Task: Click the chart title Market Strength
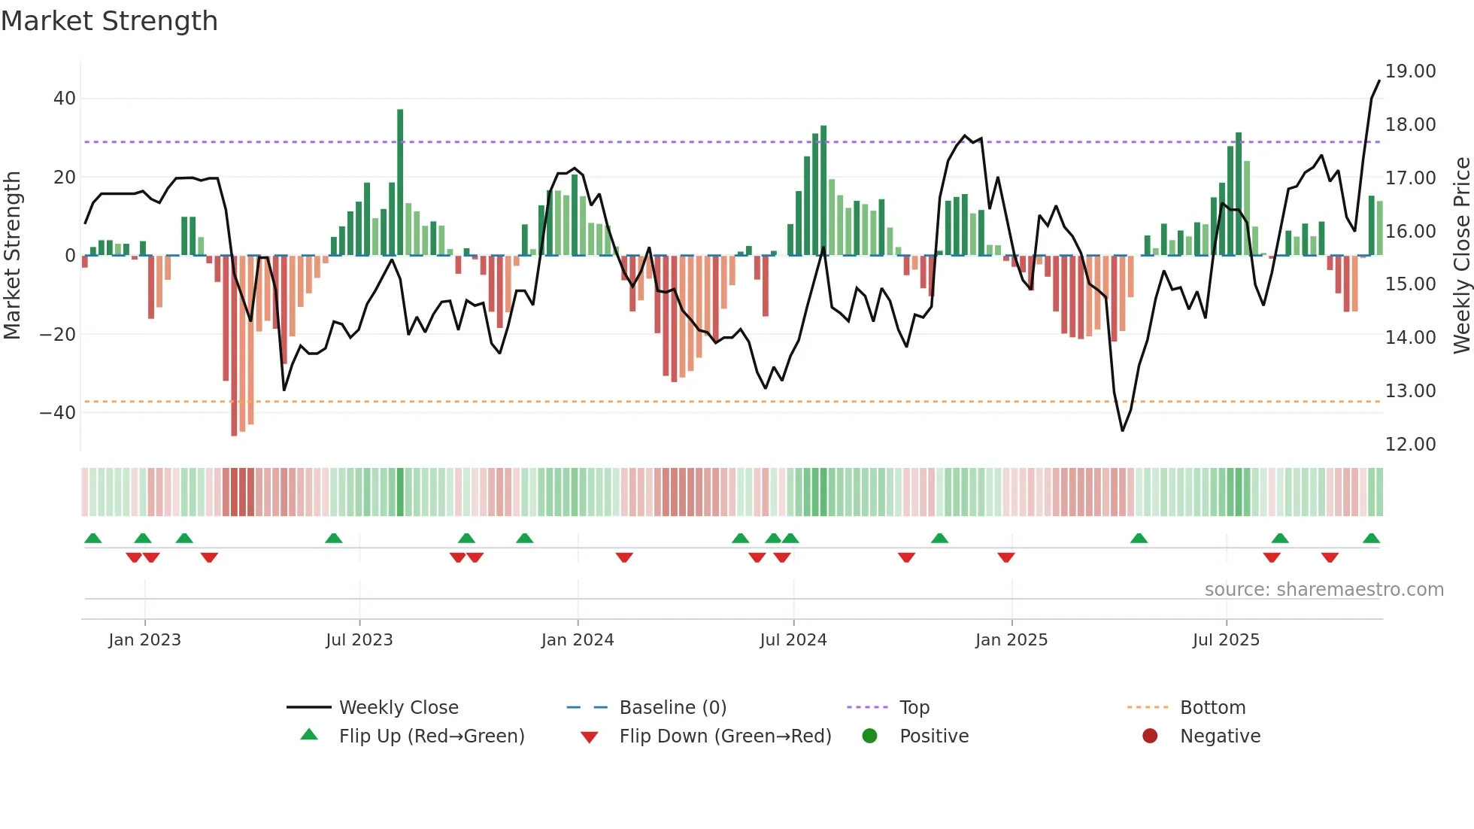click(110, 21)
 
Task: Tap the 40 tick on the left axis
click(65, 99)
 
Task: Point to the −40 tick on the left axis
click(58, 412)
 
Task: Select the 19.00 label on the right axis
click(1410, 71)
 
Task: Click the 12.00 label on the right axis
click(1410, 445)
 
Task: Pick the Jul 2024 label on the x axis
click(793, 640)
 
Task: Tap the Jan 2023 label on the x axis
click(144, 640)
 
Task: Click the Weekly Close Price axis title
click(1461, 256)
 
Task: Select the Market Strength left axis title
click(13, 256)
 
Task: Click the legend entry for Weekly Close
click(398, 708)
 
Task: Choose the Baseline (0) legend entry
click(672, 708)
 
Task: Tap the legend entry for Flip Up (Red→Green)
click(431, 736)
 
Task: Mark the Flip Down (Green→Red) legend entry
click(725, 736)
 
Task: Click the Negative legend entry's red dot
click(1150, 736)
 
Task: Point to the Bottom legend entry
click(1212, 708)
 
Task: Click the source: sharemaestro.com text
click(1324, 590)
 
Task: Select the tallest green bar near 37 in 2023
click(400, 181)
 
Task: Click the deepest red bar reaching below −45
click(234, 346)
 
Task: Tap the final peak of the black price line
click(1379, 80)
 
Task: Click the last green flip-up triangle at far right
click(1371, 539)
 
